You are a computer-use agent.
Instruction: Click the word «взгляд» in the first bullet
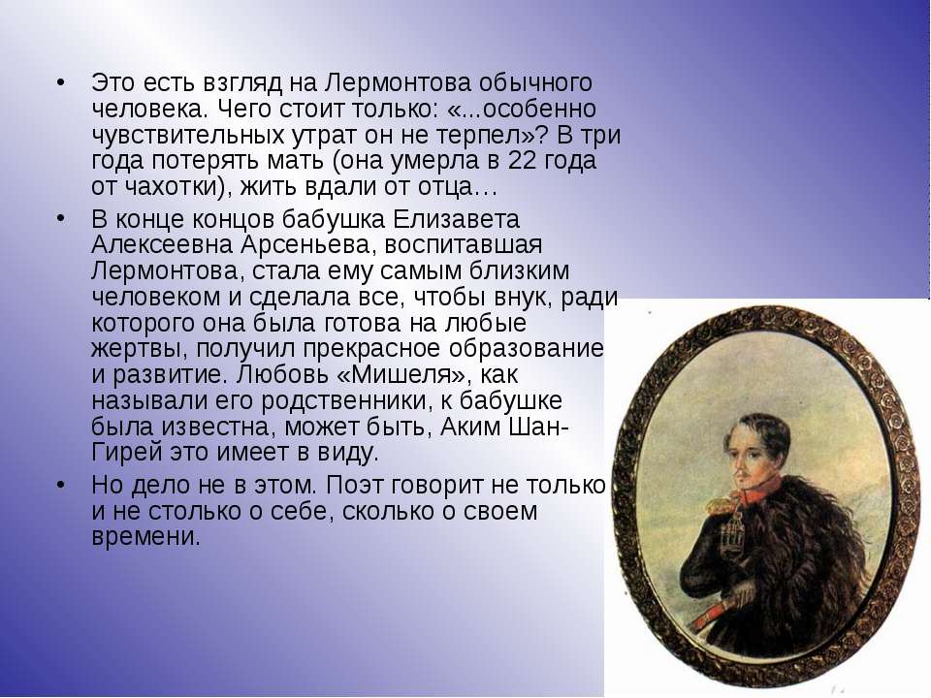pyautogui.click(x=242, y=83)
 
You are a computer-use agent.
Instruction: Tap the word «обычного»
pyautogui.click(x=535, y=83)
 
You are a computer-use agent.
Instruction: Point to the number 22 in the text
pyautogui.click(x=523, y=160)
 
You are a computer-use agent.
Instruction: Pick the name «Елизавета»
pyautogui.click(x=456, y=220)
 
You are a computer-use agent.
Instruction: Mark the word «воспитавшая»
pyautogui.click(x=464, y=245)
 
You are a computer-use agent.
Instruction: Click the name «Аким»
pyautogui.click(x=471, y=427)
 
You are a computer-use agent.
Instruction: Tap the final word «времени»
pyautogui.click(x=145, y=537)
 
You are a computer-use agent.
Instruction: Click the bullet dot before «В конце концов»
pyautogui.click(x=60, y=218)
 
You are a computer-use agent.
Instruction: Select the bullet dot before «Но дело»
pyautogui.click(x=60, y=484)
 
